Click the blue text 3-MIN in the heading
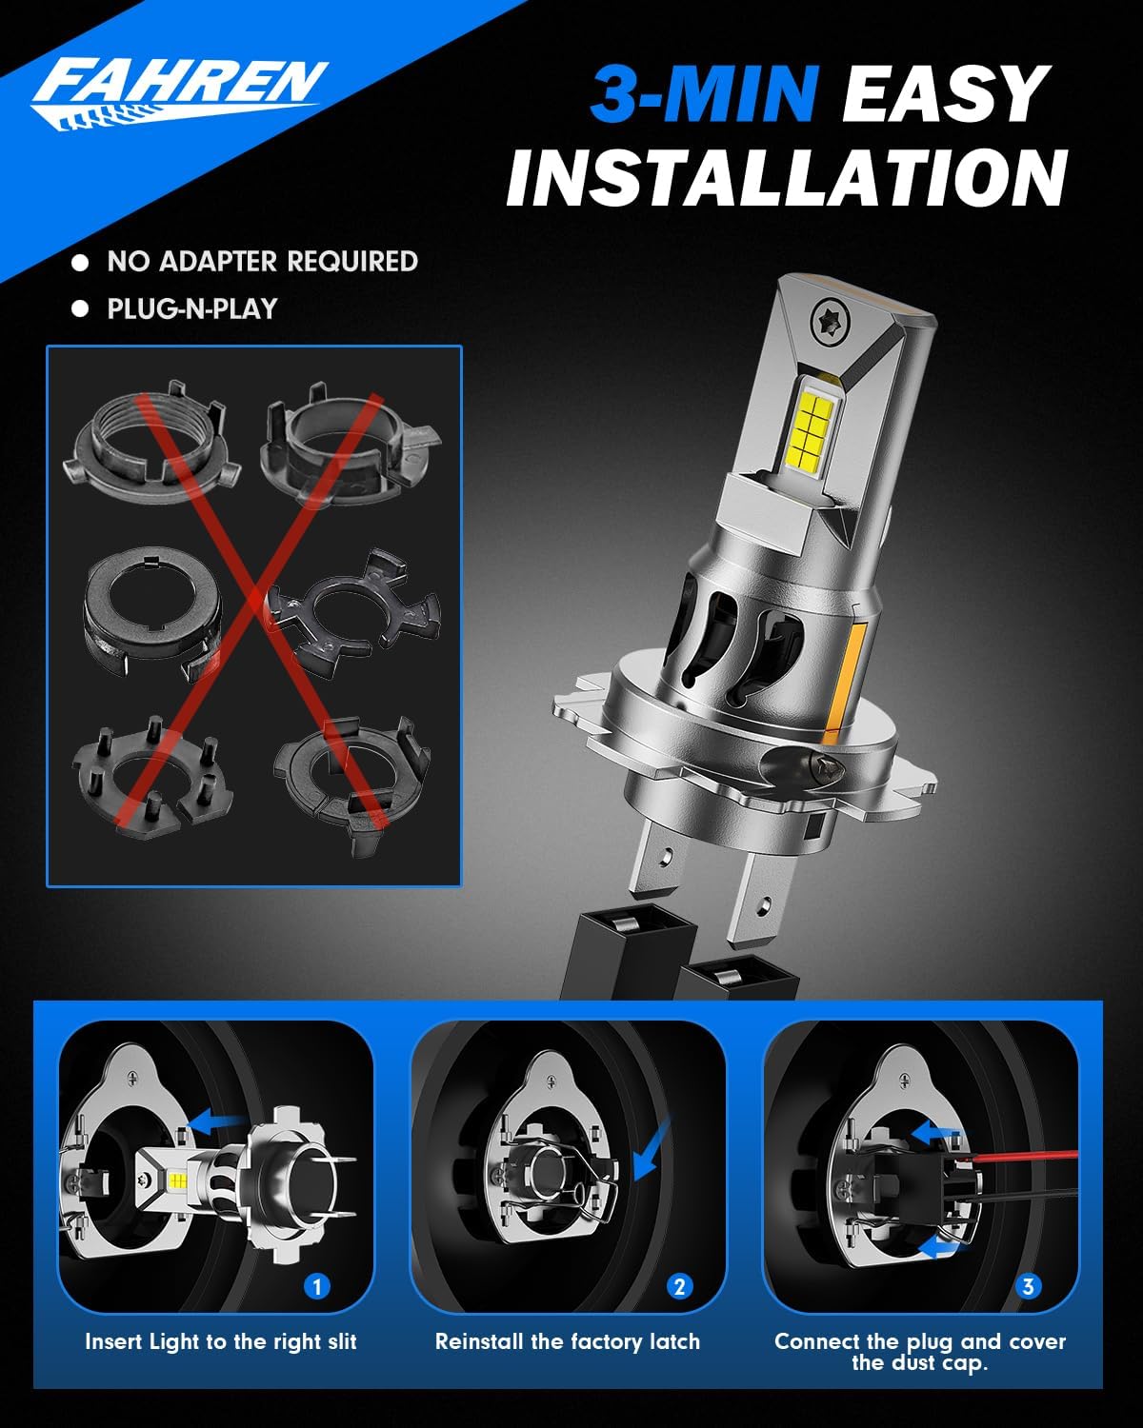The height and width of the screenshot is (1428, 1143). click(x=704, y=95)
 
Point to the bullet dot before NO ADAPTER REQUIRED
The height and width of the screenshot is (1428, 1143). click(x=81, y=262)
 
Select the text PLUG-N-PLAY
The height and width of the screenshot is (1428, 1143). click(x=191, y=308)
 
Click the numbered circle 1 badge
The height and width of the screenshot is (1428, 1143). click(x=316, y=1286)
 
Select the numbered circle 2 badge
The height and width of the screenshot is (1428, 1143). click(x=679, y=1286)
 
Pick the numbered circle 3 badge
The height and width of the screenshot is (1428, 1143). click(x=1028, y=1286)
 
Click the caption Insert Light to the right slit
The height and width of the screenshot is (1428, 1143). click(x=221, y=1341)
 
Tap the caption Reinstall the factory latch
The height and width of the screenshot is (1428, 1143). click(x=568, y=1341)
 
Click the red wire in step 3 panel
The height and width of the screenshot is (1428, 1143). click(x=1029, y=1156)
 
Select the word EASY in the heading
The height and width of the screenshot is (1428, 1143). click(x=946, y=95)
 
